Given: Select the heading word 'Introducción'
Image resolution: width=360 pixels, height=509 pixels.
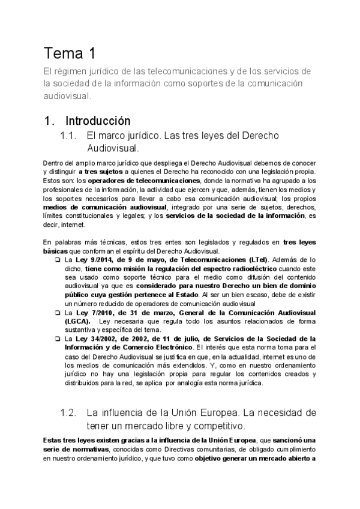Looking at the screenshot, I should coord(98,120).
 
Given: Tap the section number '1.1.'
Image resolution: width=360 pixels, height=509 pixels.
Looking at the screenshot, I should coord(71,136).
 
